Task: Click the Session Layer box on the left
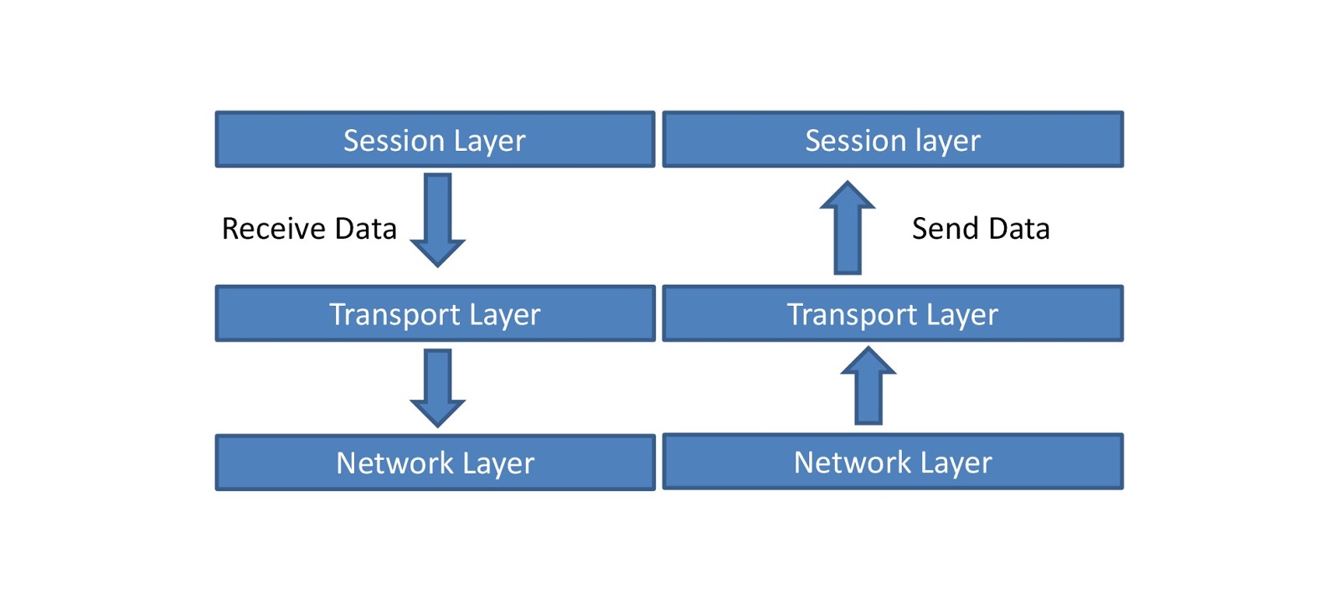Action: pos(435,139)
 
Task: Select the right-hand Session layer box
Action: pos(893,139)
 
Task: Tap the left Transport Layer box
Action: pos(435,313)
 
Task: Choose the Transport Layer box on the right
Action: pos(893,313)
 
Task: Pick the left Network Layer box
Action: pos(435,463)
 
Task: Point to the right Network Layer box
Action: pos(893,462)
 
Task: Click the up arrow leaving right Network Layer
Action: pos(868,386)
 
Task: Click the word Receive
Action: pos(274,229)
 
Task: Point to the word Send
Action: pos(945,229)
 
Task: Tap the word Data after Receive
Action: pos(365,229)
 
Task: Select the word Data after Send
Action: pos(1018,229)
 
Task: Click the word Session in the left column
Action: pos(394,140)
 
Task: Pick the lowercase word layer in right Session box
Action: pos(948,141)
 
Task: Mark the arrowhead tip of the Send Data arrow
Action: pos(848,184)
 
